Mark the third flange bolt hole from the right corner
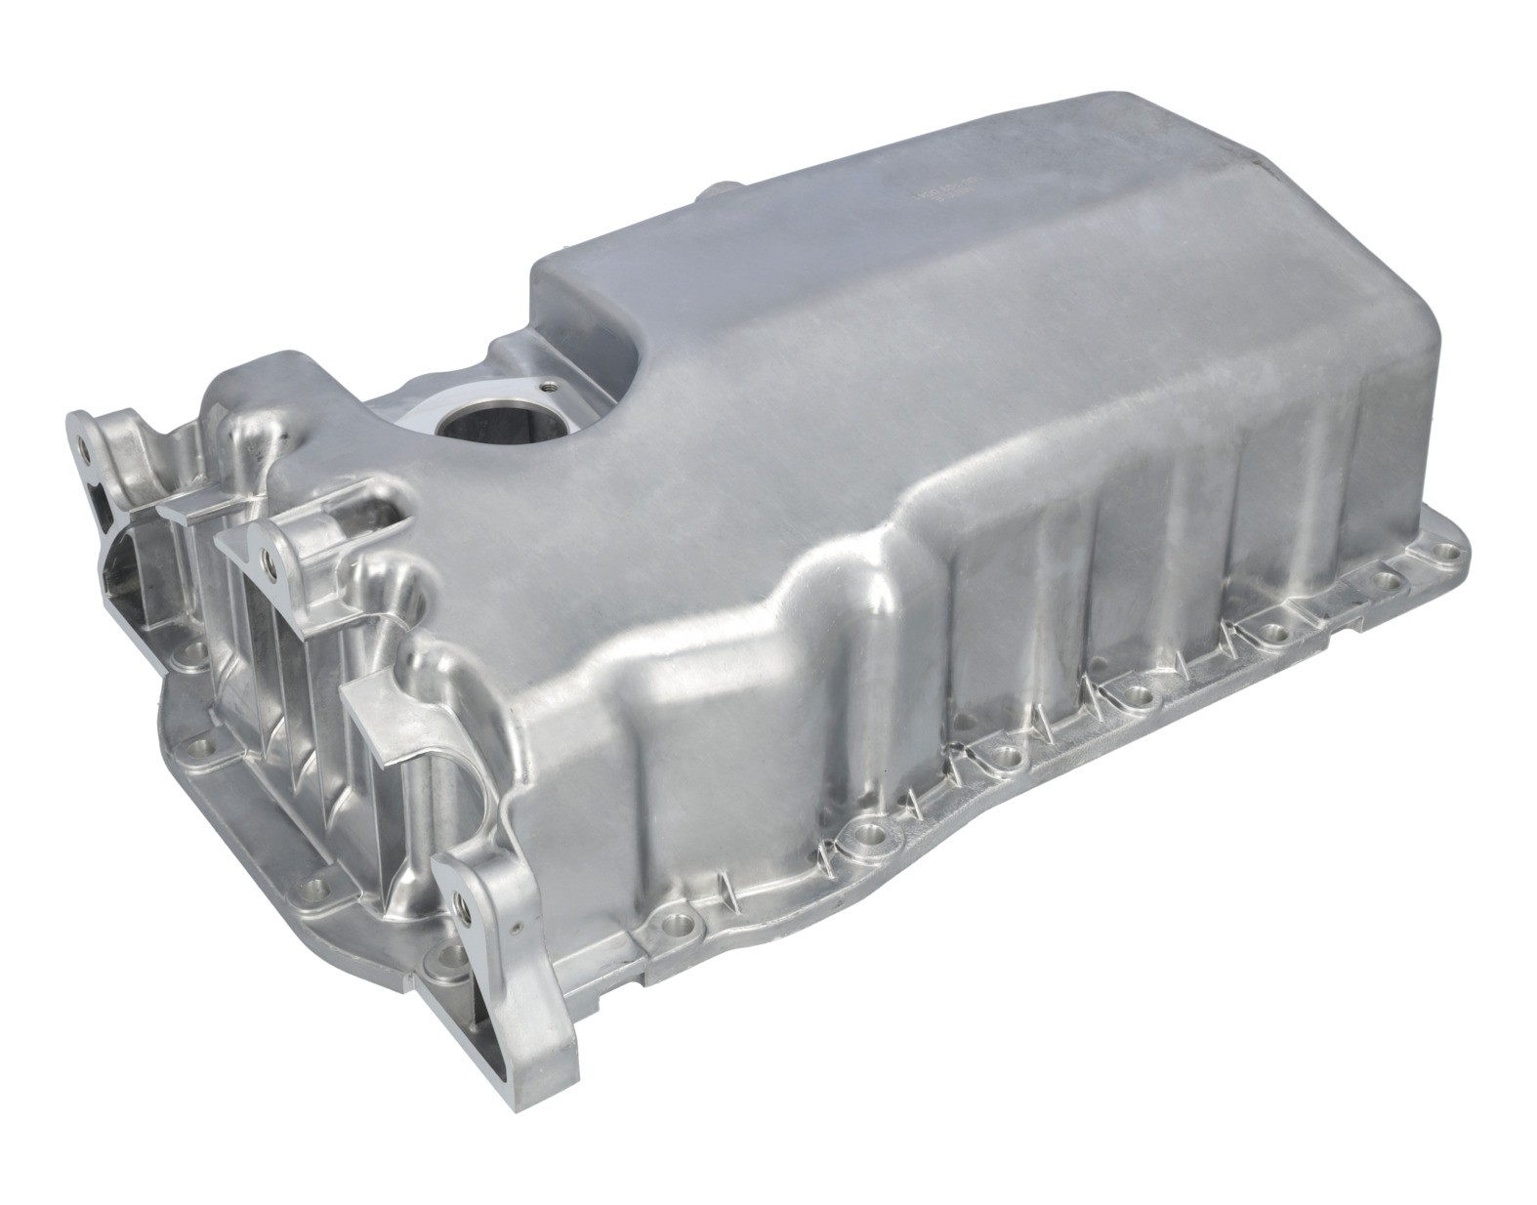pos(1271,635)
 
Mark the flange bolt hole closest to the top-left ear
pos(192,647)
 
